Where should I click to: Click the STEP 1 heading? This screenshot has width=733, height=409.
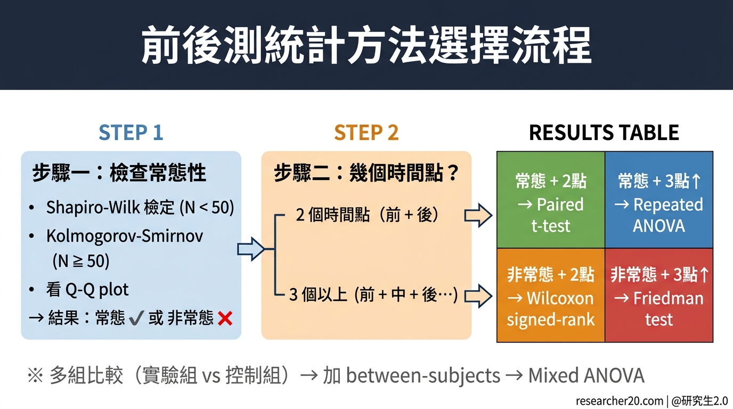[131, 133]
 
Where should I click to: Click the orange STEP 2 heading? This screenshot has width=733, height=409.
[366, 133]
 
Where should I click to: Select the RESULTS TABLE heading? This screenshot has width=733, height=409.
[604, 133]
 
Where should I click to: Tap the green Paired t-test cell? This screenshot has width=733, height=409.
[551, 203]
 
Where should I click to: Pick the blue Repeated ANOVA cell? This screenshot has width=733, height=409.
[659, 203]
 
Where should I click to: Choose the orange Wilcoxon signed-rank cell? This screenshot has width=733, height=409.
[551, 297]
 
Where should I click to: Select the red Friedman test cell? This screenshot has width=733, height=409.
[659, 297]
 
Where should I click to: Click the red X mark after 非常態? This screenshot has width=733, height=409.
[225, 318]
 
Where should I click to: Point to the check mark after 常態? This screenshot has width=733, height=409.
[136, 318]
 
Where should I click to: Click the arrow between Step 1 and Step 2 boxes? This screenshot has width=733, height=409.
[250, 249]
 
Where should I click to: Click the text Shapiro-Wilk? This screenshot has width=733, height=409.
[93, 207]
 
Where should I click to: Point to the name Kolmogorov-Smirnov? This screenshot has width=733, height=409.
[125, 235]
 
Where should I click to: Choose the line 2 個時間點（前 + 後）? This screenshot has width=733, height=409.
[368, 215]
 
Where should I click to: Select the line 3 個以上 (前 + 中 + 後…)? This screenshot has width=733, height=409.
[373, 295]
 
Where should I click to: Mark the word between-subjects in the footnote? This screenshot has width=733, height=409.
[423, 376]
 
